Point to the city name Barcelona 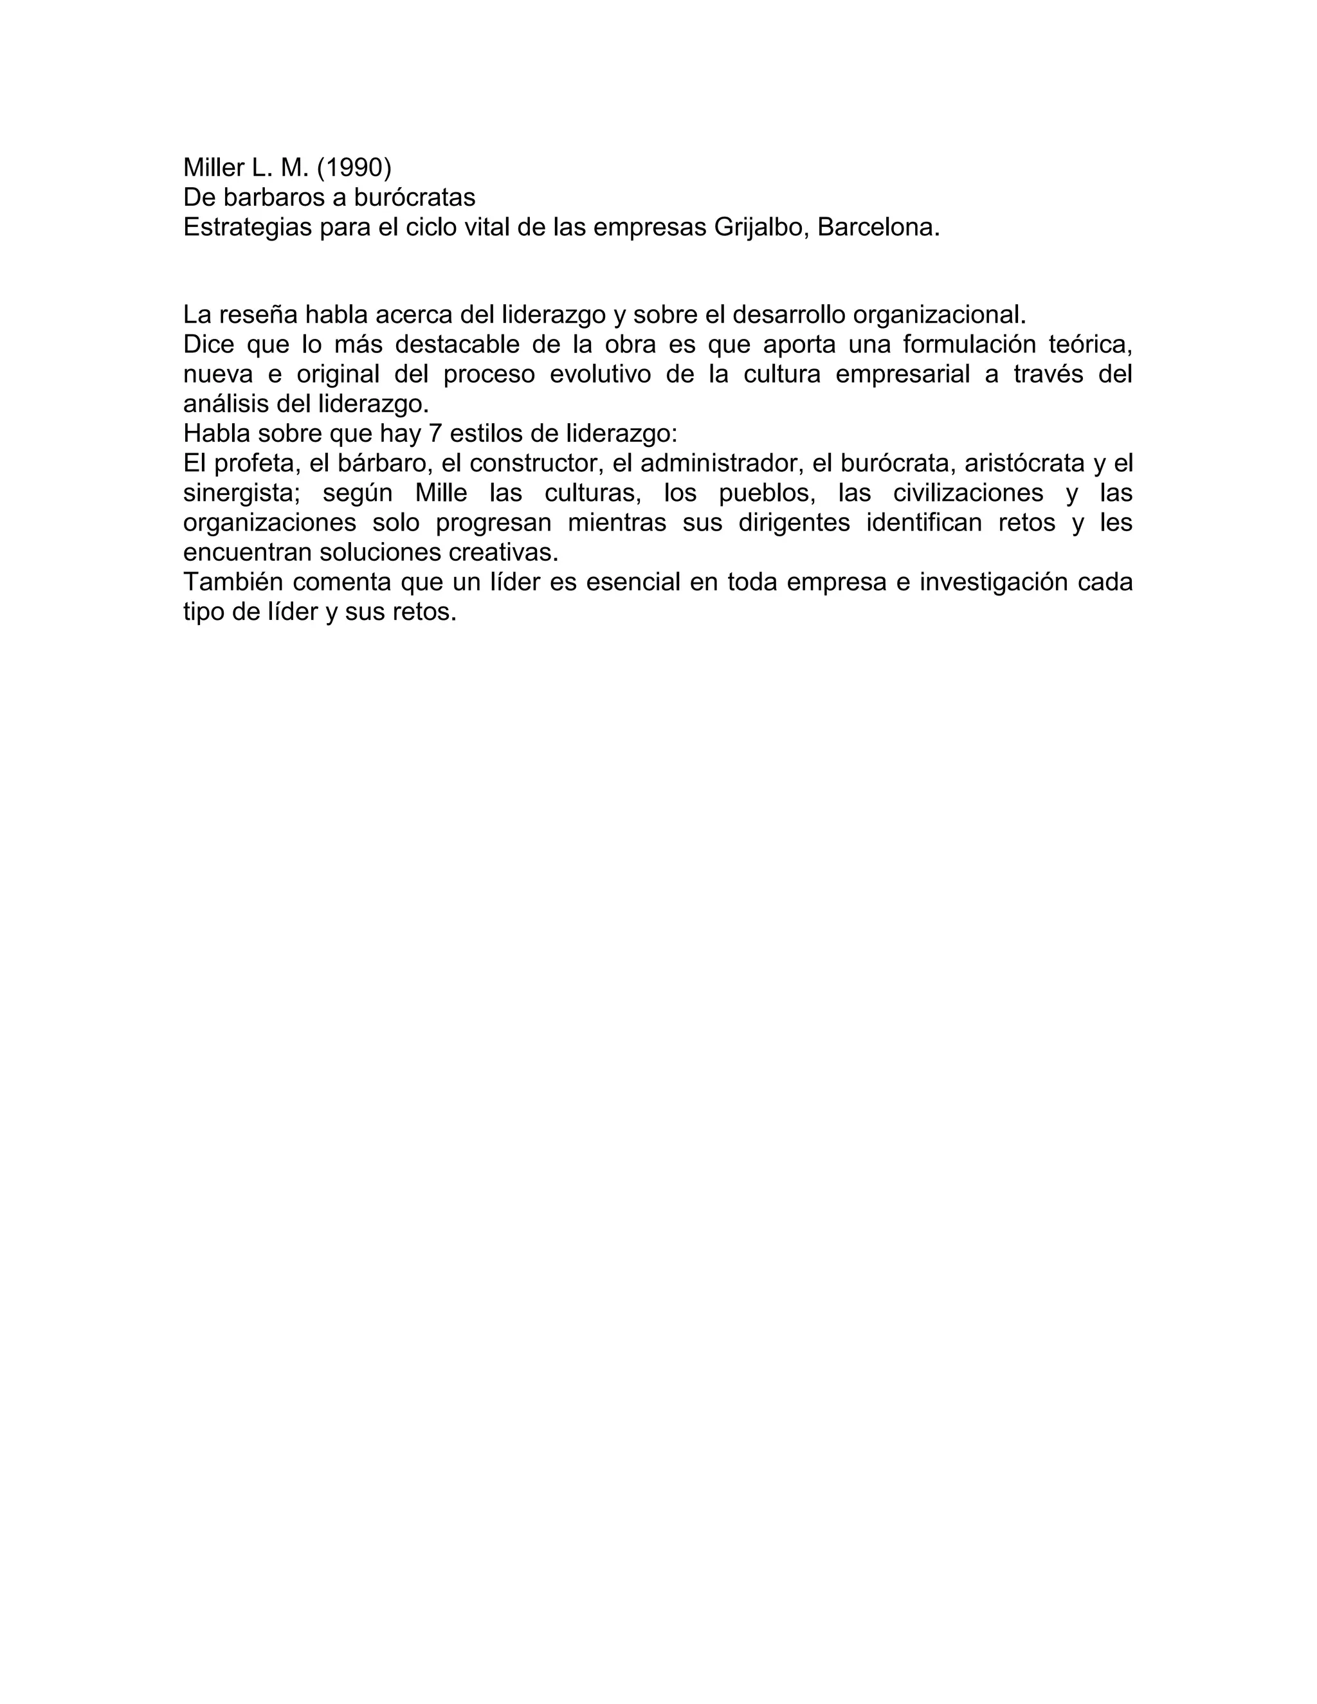878,227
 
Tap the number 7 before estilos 435,433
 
